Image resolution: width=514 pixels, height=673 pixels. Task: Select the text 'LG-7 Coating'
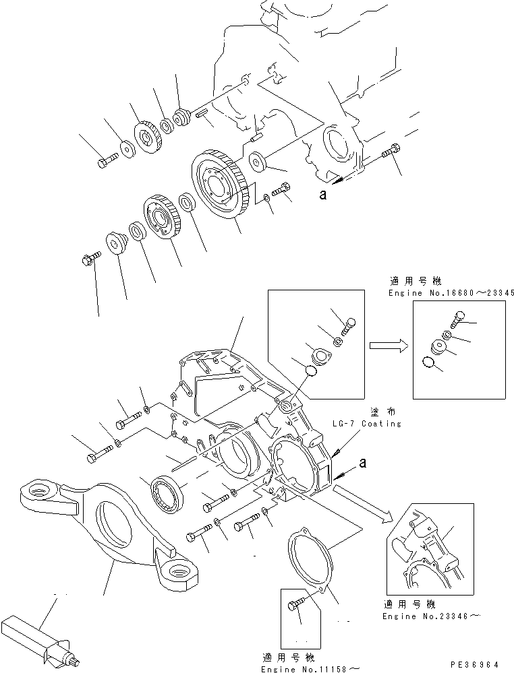coord(367,424)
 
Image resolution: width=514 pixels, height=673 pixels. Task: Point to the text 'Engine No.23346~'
coord(424,616)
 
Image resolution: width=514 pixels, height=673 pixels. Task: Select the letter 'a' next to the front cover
coord(364,463)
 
